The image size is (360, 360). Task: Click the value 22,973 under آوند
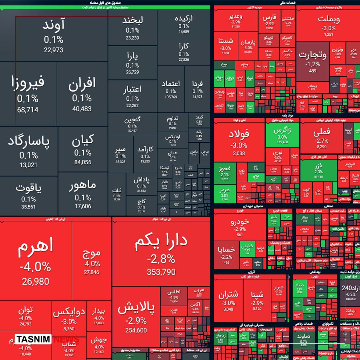(53, 50)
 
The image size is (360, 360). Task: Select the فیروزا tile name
(28, 83)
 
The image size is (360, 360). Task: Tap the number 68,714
(28, 110)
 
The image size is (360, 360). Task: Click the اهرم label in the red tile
(36, 246)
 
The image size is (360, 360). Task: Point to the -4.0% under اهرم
(35, 267)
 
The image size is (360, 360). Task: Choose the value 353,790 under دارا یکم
(161, 272)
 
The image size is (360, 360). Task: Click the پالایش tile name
(136, 308)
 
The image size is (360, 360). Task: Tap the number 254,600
(136, 330)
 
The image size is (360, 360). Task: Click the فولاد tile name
(239, 134)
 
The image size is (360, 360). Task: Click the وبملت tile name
(329, 19)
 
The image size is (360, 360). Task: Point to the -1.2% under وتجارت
(312, 64)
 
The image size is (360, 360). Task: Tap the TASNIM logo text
(33, 339)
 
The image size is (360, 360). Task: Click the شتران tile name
(228, 294)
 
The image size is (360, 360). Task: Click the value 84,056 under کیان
(83, 162)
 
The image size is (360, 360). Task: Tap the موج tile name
(91, 253)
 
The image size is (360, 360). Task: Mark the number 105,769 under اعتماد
(171, 97)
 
